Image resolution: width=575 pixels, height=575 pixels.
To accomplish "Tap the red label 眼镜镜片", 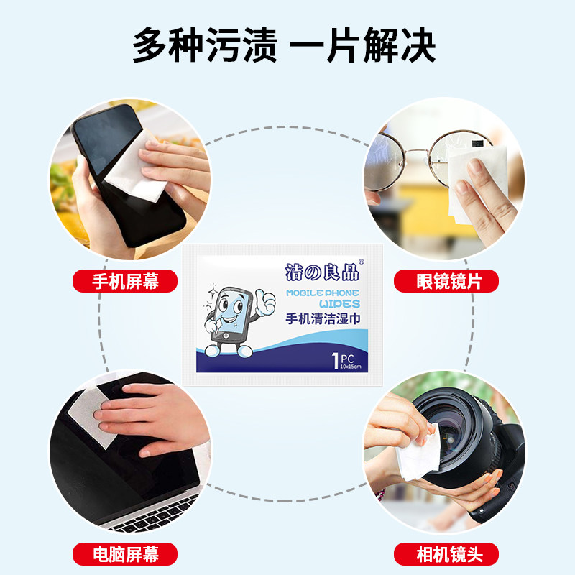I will click(x=446, y=281).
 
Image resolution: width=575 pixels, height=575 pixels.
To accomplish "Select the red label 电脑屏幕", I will click(x=125, y=553).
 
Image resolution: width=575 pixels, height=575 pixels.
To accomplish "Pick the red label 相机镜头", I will click(x=446, y=553).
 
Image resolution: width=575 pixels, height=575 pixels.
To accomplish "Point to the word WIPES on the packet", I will click(x=339, y=304).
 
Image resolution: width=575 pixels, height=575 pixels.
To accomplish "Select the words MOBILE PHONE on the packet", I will click(x=323, y=293).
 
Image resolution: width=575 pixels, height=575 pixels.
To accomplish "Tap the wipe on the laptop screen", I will click(x=88, y=413).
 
